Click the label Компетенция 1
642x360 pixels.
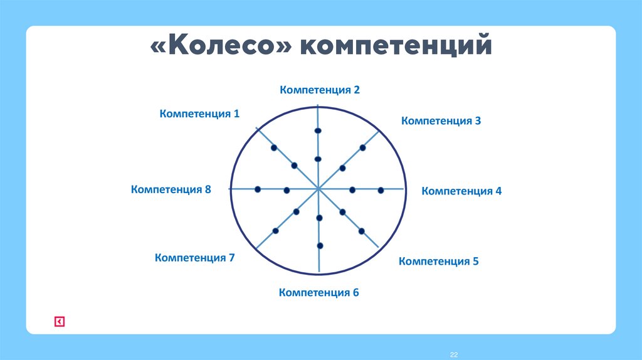coord(199,114)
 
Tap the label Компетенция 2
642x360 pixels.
coord(320,90)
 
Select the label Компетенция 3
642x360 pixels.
coord(441,120)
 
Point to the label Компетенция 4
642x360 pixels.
coord(461,191)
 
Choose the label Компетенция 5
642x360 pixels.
coord(438,261)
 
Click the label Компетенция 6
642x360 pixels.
coord(318,292)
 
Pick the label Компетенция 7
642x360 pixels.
coord(194,257)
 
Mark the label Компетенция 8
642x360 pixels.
coord(171,189)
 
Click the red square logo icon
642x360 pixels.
coord(59,322)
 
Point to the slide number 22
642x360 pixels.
coord(455,355)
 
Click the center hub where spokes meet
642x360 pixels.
coord(318,188)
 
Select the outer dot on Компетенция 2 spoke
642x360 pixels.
coord(318,130)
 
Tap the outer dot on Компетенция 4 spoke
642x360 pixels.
coord(381,189)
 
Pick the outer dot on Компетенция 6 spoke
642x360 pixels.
coord(320,245)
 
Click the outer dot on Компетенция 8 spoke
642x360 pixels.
coord(258,189)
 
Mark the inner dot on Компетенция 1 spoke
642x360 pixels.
coord(295,166)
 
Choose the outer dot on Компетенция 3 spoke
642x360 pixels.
coord(362,148)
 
